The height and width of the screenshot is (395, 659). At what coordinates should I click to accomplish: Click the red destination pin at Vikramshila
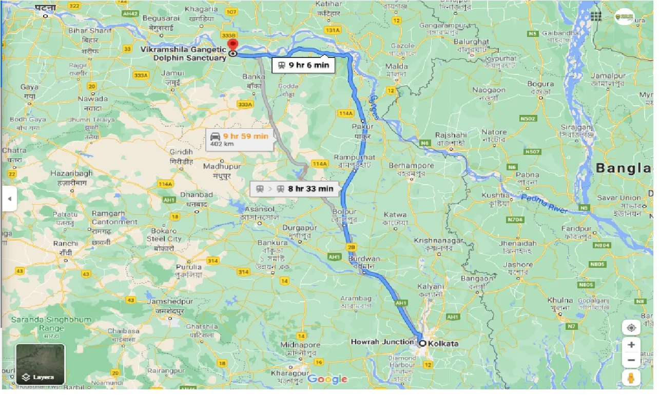[x=233, y=45]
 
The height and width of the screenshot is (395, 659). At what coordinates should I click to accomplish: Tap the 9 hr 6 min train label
[x=303, y=65]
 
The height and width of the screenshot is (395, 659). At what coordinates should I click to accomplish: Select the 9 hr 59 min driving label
[x=239, y=140]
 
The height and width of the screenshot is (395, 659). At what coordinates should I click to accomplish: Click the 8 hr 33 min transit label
[x=295, y=189]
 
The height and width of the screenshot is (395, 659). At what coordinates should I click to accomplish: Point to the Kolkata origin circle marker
[x=422, y=343]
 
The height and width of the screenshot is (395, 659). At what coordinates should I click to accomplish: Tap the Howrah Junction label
[x=382, y=342]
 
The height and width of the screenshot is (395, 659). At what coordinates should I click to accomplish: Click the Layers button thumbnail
[x=41, y=364]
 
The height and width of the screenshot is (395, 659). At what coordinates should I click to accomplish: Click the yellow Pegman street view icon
[x=631, y=378]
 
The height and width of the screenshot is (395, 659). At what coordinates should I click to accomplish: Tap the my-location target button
[x=631, y=327]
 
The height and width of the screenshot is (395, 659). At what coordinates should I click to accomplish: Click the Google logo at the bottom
[x=327, y=379]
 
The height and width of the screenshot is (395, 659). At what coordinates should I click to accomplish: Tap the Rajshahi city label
[x=450, y=135]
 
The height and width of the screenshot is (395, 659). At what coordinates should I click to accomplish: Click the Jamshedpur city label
[x=167, y=302]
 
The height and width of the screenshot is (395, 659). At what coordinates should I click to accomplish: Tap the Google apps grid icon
[x=595, y=16]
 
